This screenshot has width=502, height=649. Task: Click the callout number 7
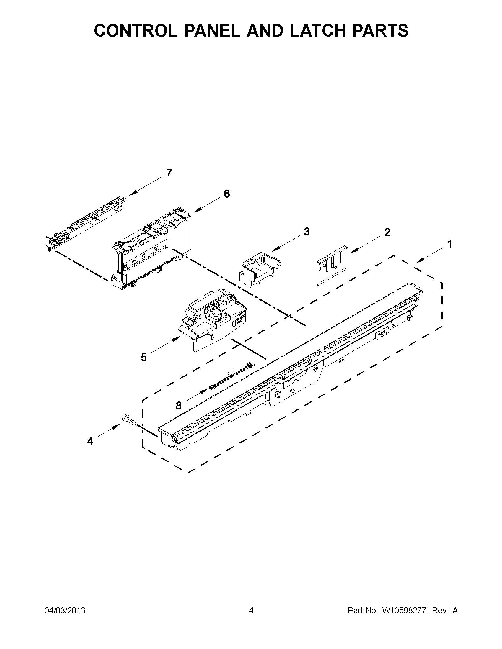[x=169, y=173]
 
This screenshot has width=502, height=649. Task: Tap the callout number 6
[x=226, y=194]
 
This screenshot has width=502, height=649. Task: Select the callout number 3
[x=307, y=232]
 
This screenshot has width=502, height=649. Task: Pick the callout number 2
[x=387, y=232]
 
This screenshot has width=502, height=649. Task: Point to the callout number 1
[x=450, y=244]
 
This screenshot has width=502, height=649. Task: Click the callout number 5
[x=144, y=357]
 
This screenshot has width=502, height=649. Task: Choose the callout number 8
[x=178, y=405]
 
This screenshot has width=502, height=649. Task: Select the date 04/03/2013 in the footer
[x=65, y=610]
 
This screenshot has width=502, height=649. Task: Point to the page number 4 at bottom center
[x=251, y=610]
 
